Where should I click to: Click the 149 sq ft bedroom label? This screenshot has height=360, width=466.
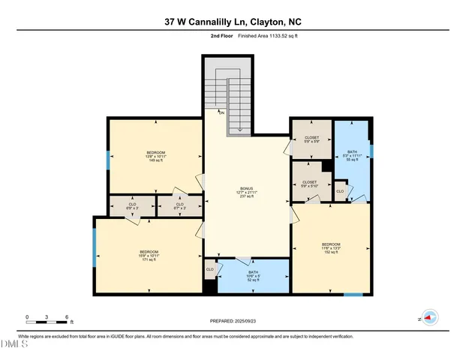(156, 156)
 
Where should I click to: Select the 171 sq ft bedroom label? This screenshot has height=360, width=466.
(149, 256)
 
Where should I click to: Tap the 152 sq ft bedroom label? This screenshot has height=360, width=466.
(331, 248)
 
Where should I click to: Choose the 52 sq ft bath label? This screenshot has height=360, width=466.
(253, 276)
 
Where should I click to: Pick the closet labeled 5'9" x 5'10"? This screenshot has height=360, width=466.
(309, 184)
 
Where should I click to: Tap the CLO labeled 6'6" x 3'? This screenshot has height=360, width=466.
(132, 206)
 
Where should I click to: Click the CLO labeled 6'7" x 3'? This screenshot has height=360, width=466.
(179, 206)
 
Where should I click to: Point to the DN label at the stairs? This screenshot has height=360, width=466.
(221, 112)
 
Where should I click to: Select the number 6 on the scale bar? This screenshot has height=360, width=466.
(68, 317)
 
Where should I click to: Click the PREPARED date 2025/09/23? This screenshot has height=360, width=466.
(233, 320)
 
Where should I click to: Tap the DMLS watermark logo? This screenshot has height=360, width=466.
(14, 344)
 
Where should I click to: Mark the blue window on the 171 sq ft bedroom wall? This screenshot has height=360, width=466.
(94, 248)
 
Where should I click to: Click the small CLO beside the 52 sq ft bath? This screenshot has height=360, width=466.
(210, 268)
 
